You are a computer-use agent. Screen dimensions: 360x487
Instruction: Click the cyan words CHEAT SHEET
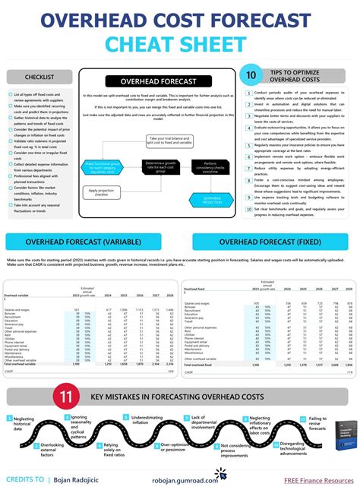[x=179, y=45]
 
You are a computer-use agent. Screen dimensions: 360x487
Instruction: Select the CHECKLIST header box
[x=40, y=77]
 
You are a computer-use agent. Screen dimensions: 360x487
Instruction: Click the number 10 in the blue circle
[x=251, y=75]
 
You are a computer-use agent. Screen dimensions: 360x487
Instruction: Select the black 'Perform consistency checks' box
[x=210, y=166]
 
